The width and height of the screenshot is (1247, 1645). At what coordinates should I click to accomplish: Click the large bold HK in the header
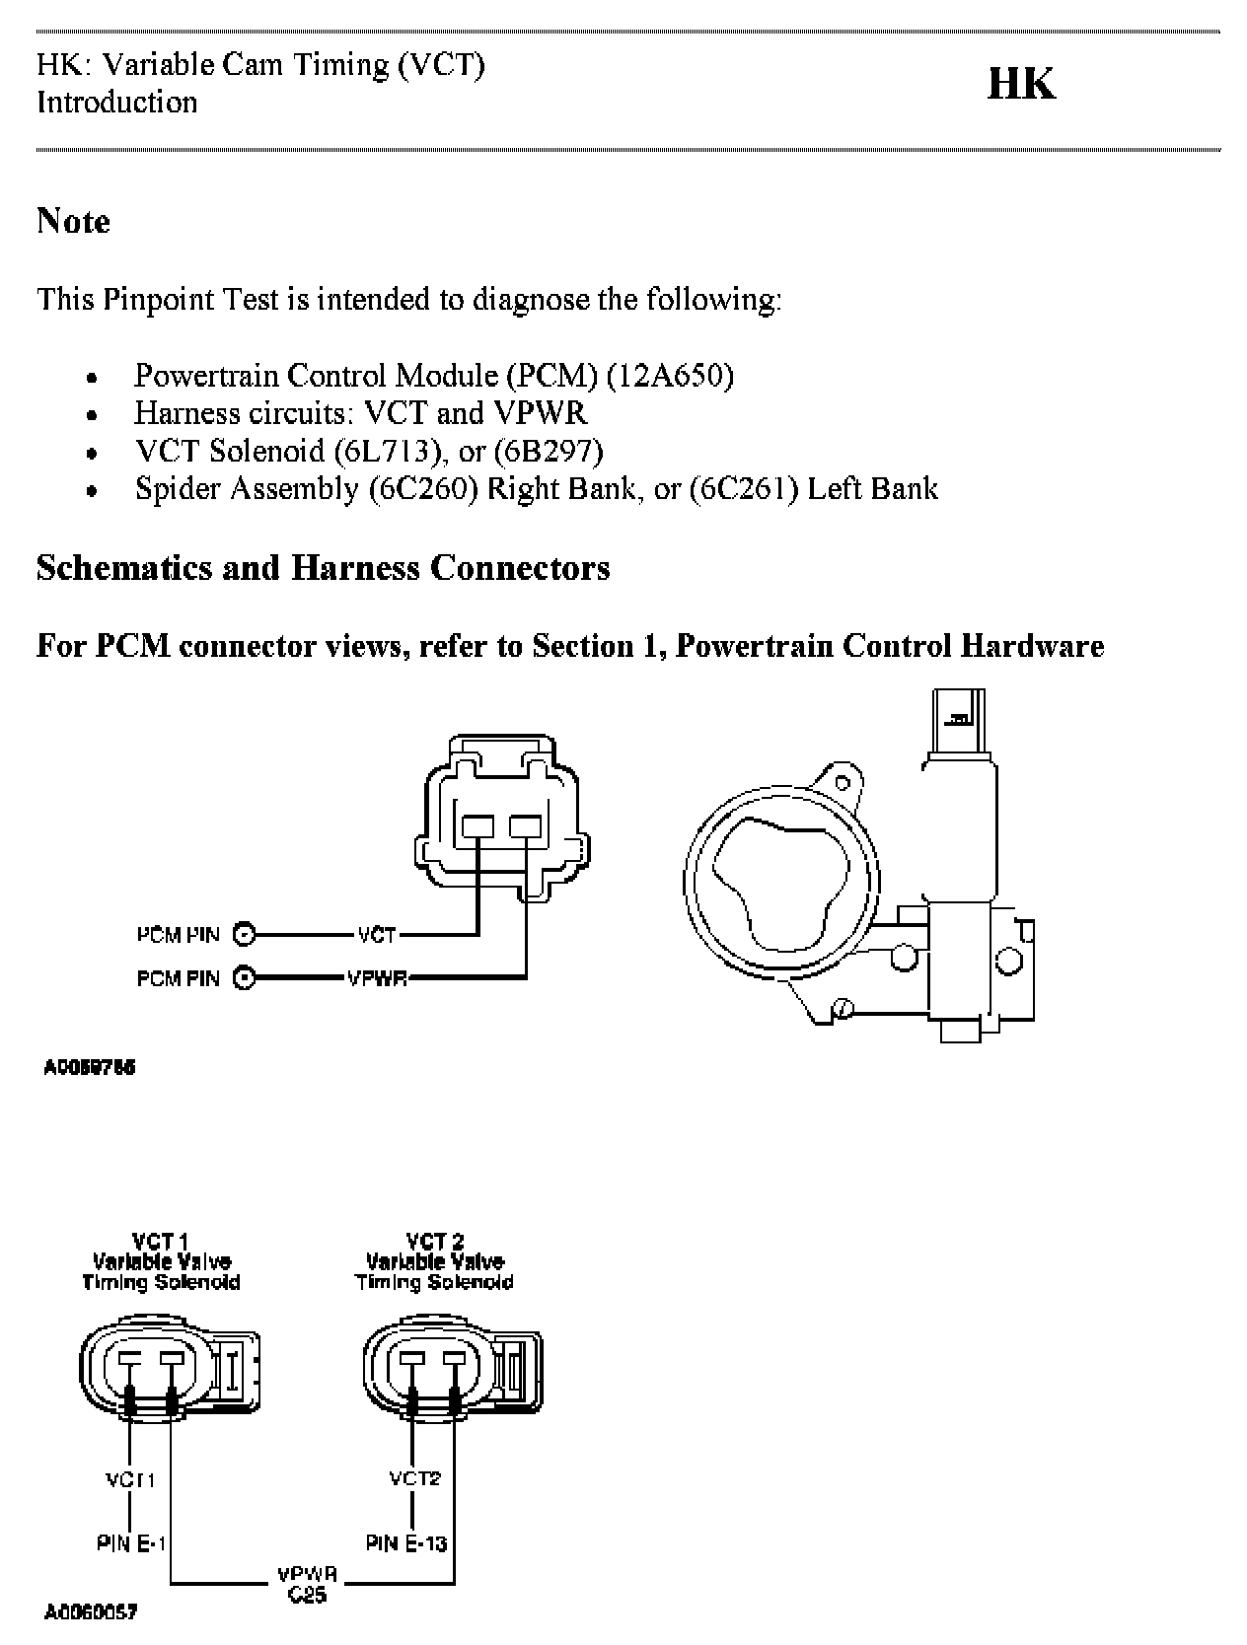[x=1021, y=85]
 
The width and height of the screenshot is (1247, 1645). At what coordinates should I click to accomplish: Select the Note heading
[x=73, y=221]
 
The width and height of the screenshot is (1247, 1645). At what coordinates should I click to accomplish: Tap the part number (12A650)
[x=670, y=376]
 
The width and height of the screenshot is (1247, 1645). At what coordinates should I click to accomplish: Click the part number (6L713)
[x=387, y=451]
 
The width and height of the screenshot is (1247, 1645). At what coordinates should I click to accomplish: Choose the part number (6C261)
[x=744, y=488]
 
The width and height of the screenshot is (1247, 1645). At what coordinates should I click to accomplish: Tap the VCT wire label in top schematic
[x=377, y=934]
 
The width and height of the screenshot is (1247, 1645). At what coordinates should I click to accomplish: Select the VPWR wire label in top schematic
[x=377, y=978]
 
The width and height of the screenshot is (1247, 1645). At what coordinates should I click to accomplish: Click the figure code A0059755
[x=90, y=1067]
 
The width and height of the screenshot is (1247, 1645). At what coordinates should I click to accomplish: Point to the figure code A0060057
[x=90, y=1613]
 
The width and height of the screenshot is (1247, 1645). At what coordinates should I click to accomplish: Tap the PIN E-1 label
[x=130, y=1543]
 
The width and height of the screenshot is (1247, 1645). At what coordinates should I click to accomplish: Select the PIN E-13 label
[x=406, y=1542]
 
